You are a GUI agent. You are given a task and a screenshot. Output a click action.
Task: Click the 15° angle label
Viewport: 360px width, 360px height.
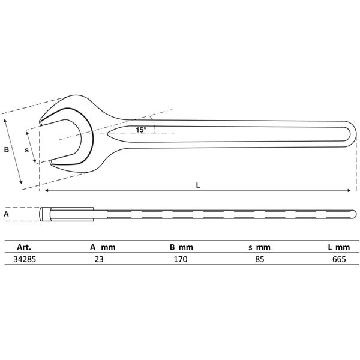tap(140, 130)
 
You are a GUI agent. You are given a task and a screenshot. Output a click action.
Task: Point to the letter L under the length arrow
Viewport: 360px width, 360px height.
tap(198, 185)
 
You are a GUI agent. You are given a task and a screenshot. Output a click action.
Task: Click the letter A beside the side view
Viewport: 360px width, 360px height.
tap(7, 213)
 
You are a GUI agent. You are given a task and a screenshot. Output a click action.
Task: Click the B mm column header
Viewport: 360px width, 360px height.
tap(181, 247)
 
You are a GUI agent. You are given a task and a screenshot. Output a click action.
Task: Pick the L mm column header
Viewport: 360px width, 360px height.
tap(339, 247)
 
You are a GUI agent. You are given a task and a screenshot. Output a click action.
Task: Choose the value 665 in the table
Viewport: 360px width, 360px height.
tap(339, 260)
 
